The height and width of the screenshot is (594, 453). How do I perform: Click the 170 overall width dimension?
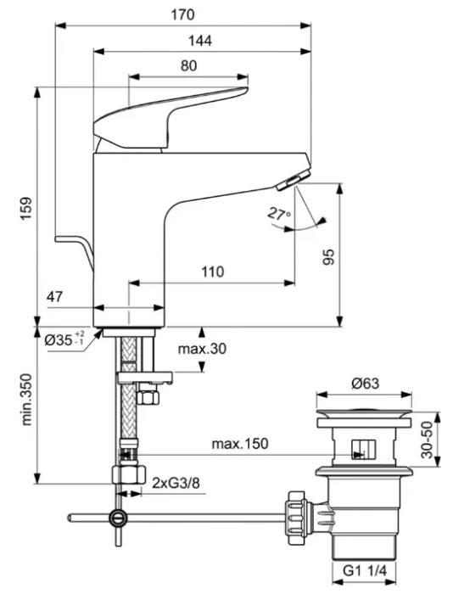[182, 14]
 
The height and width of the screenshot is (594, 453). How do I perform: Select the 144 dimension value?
[200, 41]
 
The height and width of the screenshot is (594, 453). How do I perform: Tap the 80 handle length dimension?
[188, 66]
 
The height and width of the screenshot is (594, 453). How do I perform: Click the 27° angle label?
[279, 214]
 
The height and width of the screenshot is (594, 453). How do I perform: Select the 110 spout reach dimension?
[212, 272]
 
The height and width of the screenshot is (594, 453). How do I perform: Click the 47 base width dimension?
[55, 297]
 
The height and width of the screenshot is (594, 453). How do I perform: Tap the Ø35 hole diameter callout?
[64, 339]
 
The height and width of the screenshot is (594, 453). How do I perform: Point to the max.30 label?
[202, 349]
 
